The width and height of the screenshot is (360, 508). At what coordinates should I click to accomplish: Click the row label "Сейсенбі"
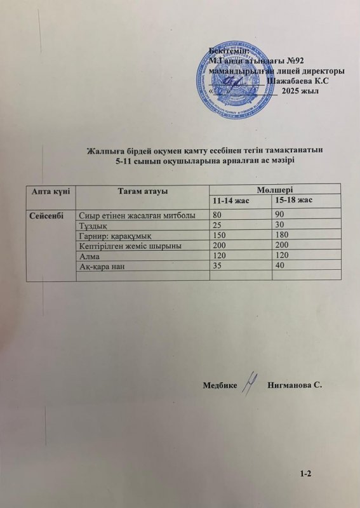[x=46, y=215]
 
